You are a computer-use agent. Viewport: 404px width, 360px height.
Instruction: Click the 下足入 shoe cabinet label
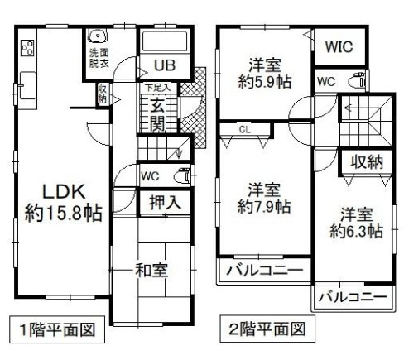pyautogui.click(x=157, y=87)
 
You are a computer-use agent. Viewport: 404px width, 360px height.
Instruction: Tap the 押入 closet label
pyautogui.click(x=166, y=202)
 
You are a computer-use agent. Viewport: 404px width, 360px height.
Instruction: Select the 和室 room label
pyautogui.click(x=153, y=270)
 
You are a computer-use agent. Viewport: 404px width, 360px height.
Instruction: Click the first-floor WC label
pyautogui.click(x=150, y=176)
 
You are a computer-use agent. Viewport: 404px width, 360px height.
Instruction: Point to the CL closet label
pyautogui.click(x=245, y=129)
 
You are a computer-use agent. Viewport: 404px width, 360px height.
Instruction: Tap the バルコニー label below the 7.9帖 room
pyautogui.click(x=260, y=271)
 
